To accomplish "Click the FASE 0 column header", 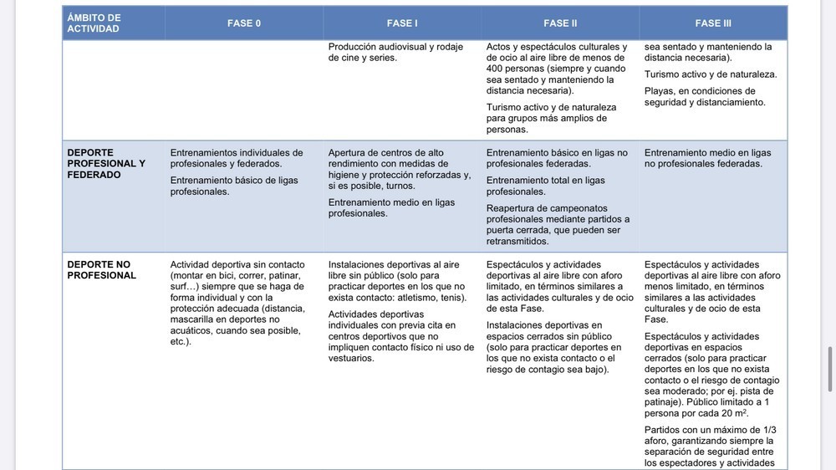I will click(x=244, y=23).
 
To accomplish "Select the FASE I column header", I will click(x=402, y=23).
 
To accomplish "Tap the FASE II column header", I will click(x=560, y=23).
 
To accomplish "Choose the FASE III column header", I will click(x=713, y=23).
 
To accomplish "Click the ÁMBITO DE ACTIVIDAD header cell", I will click(x=94, y=23).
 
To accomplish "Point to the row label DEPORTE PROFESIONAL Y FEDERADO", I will click(x=106, y=164).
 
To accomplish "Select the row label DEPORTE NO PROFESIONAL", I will click(x=101, y=270).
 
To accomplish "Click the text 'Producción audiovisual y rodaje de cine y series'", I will click(x=395, y=53).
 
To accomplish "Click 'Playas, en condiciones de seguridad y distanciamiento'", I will click(x=699, y=97).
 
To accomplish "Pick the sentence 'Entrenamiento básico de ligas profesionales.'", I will click(x=234, y=186).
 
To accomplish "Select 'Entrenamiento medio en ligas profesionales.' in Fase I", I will click(x=391, y=207).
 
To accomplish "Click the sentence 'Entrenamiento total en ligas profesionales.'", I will click(x=545, y=186).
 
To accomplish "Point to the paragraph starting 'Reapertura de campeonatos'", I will click(x=558, y=224).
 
